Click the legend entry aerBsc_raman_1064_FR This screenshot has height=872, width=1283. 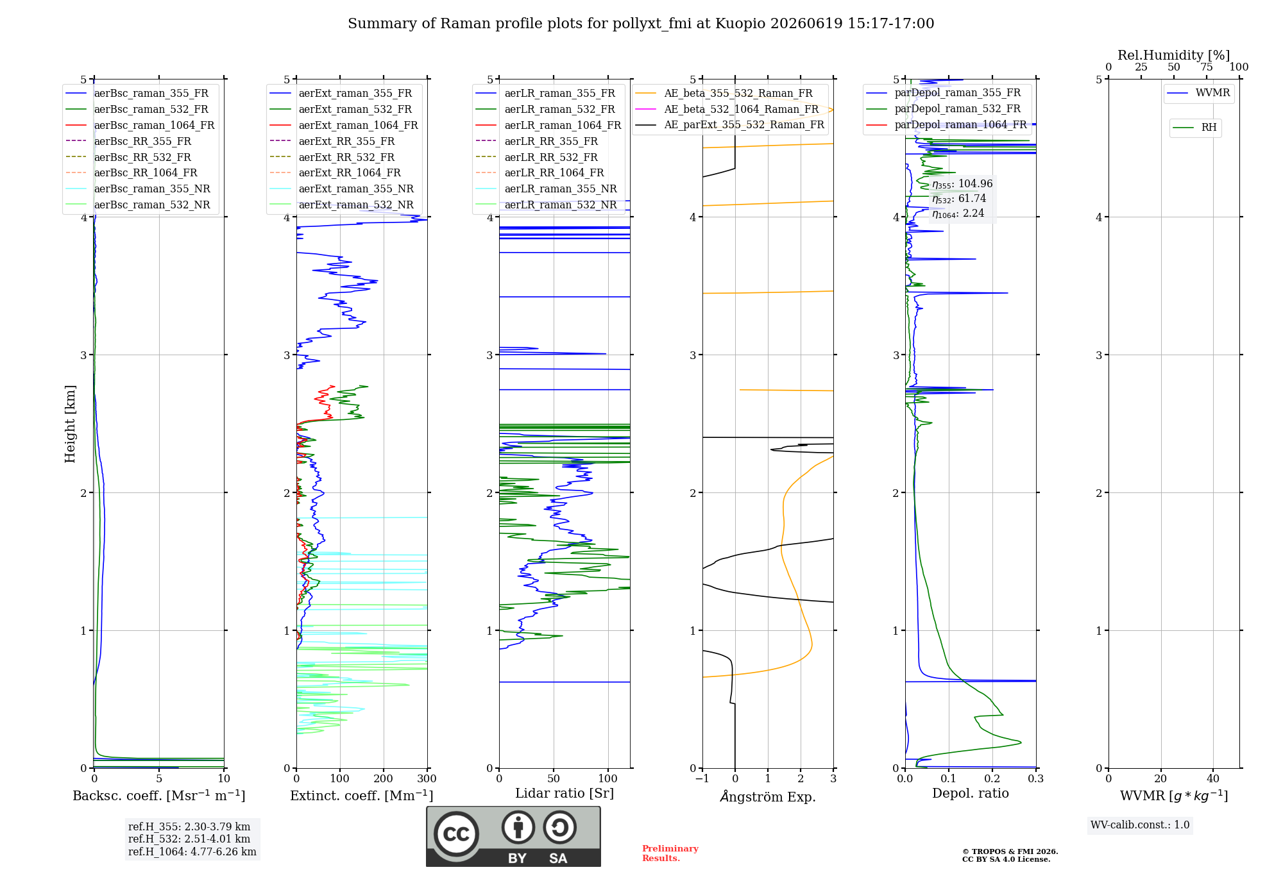pyautogui.click(x=140, y=125)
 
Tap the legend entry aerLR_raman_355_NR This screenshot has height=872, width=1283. pyautogui.click(x=546, y=189)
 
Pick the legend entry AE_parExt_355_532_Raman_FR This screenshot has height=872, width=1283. pyautogui.click(x=730, y=124)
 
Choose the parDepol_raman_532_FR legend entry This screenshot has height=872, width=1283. pyautogui.click(x=944, y=108)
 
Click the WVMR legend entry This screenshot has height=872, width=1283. pyautogui.click(x=1199, y=93)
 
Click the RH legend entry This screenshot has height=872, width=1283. pyautogui.click(x=1195, y=128)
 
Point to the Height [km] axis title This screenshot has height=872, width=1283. pyautogui.click(x=70, y=424)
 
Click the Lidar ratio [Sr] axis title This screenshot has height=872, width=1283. pyautogui.click(x=565, y=793)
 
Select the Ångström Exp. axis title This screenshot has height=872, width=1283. pyautogui.click(x=768, y=796)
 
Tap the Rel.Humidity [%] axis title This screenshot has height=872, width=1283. pyautogui.click(x=1174, y=55)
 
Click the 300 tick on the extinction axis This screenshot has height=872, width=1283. pyautogui.click(x=427, y=778)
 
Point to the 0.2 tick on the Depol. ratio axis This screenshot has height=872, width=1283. pyautogui.click(x=992, y=778)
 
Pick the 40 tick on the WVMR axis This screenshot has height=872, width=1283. pyautogui.click(x=1213, y=778)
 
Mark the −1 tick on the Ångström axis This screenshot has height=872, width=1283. pyautogui.click(x=702, y=778)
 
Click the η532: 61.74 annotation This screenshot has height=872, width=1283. pyautogui.click(x=959, y=199)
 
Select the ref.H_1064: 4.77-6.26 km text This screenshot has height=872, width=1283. pyautogui.click(x=192, y=851)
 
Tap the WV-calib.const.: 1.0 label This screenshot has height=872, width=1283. pyautogui.click(x=1140, y=825)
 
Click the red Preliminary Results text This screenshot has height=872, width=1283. pyautogui.click(x=670, y=853)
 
